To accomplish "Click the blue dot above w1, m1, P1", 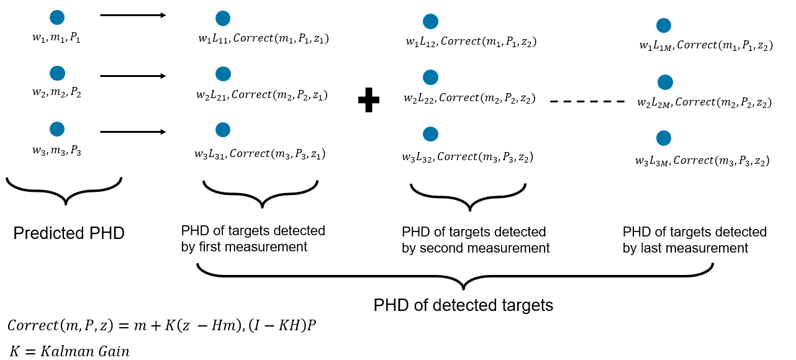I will click(57, 18).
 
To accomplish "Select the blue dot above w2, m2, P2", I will click(57, 73).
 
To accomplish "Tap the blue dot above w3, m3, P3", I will click(57, 129).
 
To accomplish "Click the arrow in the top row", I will click(133, 15).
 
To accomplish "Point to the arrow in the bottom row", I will click(133, 132).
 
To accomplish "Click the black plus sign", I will click(369, 100).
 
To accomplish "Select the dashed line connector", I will click(587, 101).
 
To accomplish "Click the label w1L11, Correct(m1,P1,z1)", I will click(263, 39).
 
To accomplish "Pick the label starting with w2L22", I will click(469, 98).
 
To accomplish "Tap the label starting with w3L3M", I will click(702, 161).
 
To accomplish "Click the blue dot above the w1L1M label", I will click(664, 25).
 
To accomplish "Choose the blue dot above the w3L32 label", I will click(430, 134).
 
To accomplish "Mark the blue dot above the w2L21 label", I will click(223, 74).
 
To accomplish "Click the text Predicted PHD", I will click(69, 233).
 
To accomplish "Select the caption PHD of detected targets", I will click(463, 305).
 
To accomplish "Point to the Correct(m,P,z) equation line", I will click(161, 325).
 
